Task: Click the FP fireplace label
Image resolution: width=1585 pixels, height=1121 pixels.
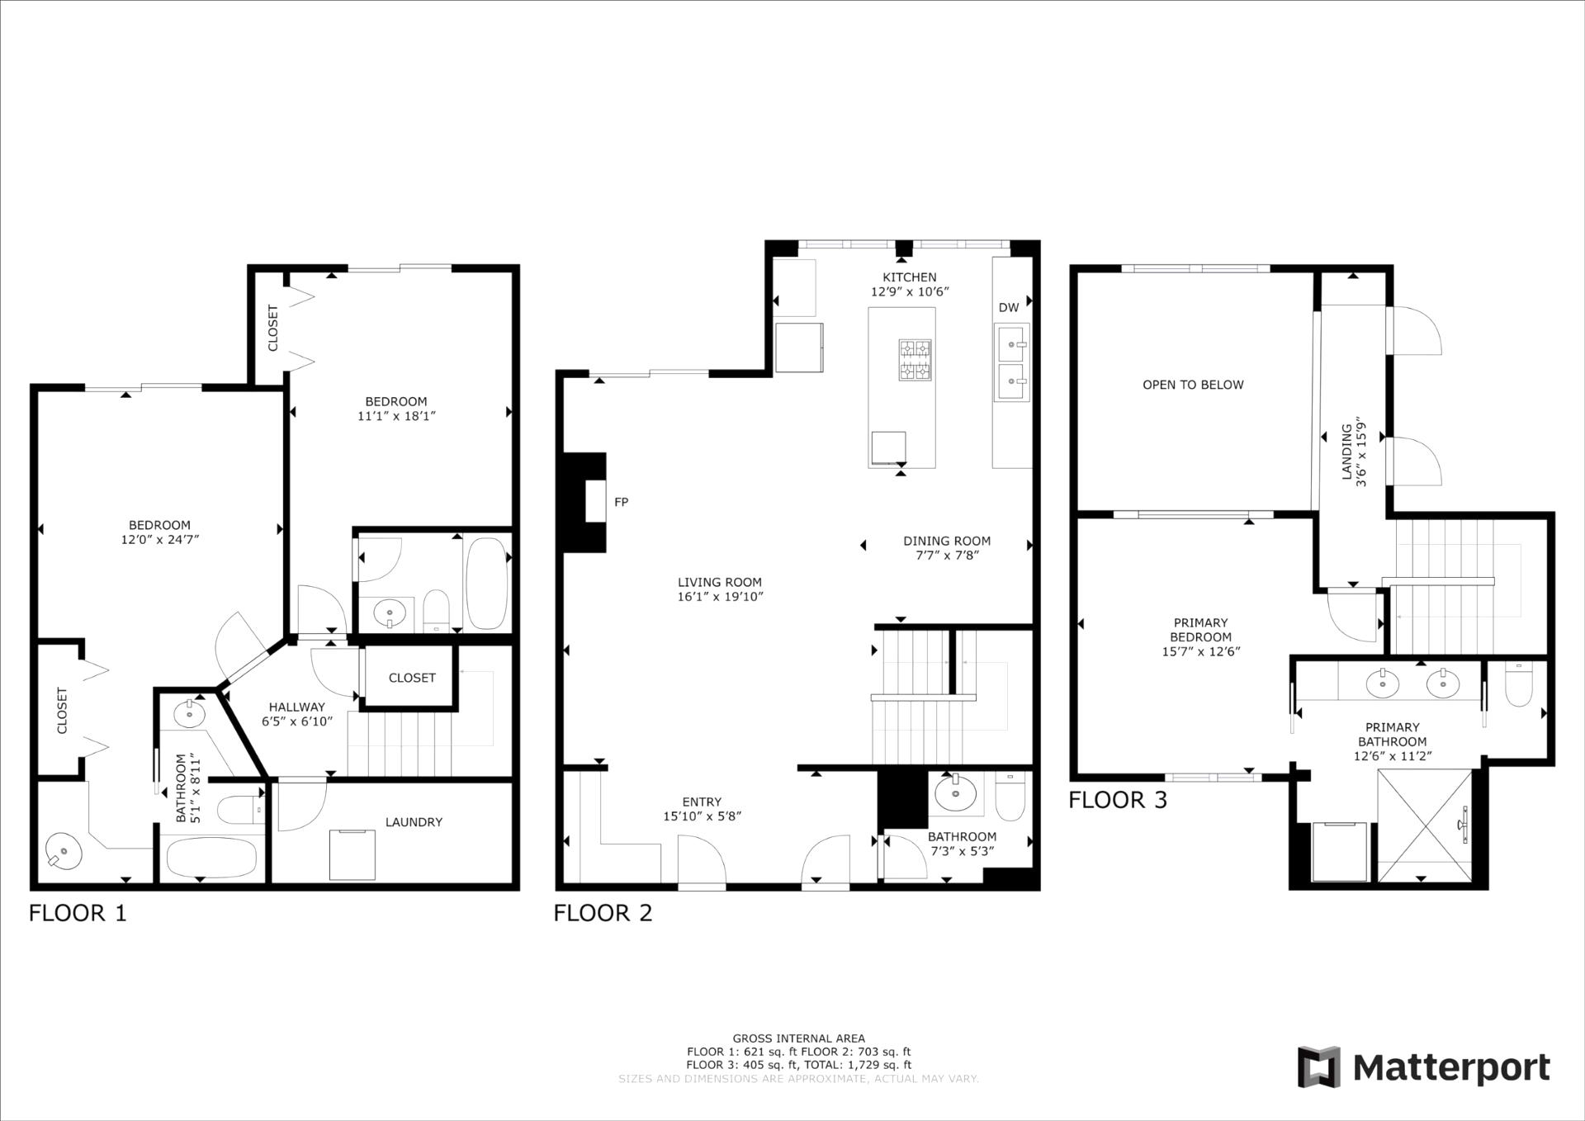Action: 621,502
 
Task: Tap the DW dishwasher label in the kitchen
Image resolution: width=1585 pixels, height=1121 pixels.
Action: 1008,308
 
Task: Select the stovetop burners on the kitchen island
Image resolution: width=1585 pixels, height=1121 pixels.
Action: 915,360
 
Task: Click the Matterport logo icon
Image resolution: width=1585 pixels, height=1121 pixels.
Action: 1318,1067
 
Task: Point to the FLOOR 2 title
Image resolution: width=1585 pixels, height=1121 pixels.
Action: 603,913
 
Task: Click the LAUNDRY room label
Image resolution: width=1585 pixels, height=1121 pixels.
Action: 414,822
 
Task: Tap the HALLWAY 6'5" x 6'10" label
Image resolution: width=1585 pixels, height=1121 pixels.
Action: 296,714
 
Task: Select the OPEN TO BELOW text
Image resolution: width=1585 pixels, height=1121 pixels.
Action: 1192,385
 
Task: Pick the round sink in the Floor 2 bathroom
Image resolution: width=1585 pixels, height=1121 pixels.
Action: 955,793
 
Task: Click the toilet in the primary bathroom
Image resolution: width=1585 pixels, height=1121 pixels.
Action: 1519,685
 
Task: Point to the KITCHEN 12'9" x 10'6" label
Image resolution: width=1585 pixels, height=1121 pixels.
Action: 910,285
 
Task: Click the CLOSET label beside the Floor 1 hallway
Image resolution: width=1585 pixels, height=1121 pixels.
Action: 411,678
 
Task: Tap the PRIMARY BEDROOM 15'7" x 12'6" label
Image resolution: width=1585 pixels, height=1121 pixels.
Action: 1200,636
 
